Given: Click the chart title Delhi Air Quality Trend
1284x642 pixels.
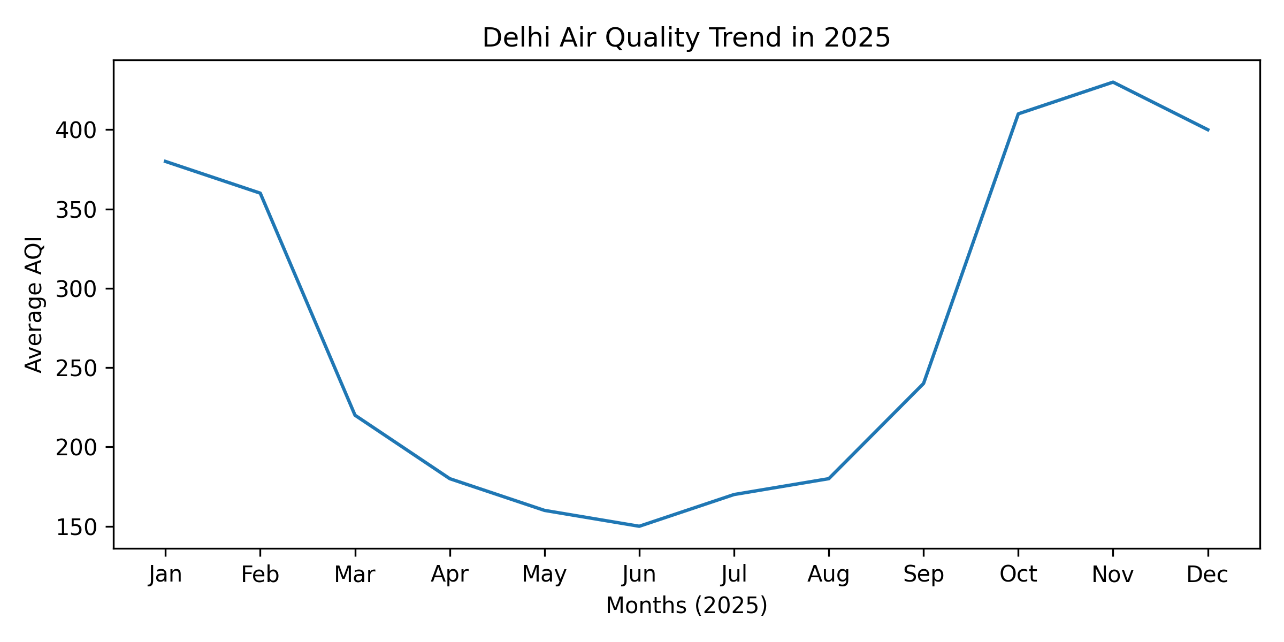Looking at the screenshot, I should pyautogui.click(x=686, y=38).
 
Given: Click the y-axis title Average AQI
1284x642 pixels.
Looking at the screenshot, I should pyautogui.click(x=34, y=304).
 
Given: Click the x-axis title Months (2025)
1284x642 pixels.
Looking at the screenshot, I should pyautogui.click(x=686, y=606).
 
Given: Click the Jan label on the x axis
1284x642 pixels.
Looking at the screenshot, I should pyautogui.click(x=165, y=575).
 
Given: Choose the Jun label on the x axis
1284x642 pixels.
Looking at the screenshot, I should pyautogui.click(x=639, y=575).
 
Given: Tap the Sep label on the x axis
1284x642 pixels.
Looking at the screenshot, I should pyautogui.click(x=923, y=575).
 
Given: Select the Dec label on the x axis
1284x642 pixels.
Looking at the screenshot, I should pyautogui.click(x=1207, y=575).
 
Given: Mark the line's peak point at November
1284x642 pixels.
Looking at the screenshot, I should pyautogui.click(x=1113, y=82).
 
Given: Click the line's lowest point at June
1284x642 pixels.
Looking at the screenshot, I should pyautogui.click(x=639, y=526).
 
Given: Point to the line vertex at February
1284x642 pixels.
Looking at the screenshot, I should pyautogui.click(x=260, y=193).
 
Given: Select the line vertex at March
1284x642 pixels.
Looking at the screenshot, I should pyautogui.click(x=355, y=415).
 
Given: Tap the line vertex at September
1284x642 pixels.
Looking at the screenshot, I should pyautogui.click(x=923, y=384).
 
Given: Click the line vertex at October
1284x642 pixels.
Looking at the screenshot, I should pyautogui.click(x=1018, y=114).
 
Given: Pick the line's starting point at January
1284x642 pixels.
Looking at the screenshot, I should pyautogui.click(x=165, y=161).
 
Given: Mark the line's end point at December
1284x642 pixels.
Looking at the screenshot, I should pyautogui.click(x=1207, y=130).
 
